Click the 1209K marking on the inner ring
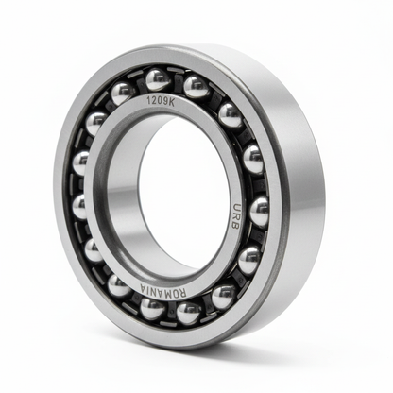(x=161, y=101)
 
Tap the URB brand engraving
(x=235, y=216)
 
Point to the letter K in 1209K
(x=171, y=102)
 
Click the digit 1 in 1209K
(x=148, y=101)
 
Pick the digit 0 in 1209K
(x=160, y=101)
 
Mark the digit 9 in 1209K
(x=165, y=101)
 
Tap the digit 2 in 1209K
(x=154, y=101)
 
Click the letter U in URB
(x=236, y=208)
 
